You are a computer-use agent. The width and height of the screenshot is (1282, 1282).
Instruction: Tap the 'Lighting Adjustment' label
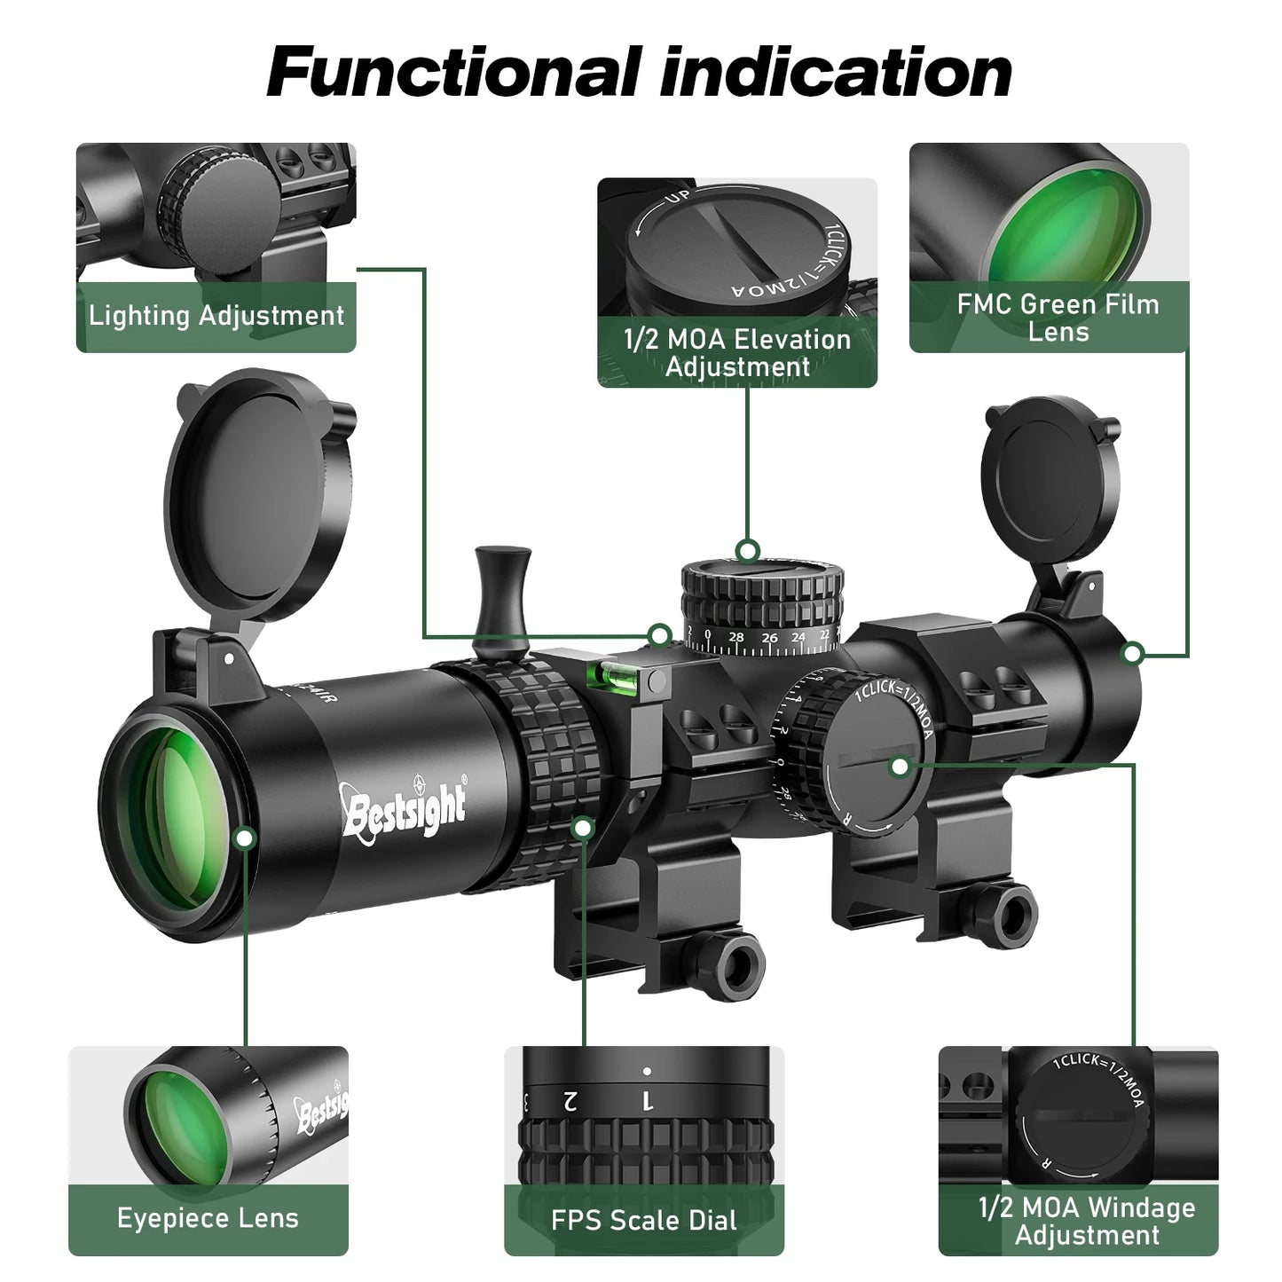click(x=216, y=316)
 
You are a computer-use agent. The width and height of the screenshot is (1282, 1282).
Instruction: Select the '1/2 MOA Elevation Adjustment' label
click(x=736, y=352)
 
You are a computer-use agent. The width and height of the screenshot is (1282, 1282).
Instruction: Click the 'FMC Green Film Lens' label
click(x=1057, y=318)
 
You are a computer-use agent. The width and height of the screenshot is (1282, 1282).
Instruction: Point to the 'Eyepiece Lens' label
click(x=208, y=1218)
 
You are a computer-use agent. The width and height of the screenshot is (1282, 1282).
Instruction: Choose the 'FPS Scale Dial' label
click(x=643, y=1220)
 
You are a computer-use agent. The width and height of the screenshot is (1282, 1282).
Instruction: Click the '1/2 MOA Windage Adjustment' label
click(x=1086, y=1221)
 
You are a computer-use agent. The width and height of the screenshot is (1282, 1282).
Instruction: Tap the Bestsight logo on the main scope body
click(x=405, y=806)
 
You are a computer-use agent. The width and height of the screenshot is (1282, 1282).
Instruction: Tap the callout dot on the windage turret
click(x=900, y=767)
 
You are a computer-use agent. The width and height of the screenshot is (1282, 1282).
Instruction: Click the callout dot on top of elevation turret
click(x=748, y=551)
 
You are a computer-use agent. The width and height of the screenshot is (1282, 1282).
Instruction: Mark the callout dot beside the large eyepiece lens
click(x=246, y=838)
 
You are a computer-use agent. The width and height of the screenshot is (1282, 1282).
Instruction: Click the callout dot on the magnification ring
click(x=583, y=828)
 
